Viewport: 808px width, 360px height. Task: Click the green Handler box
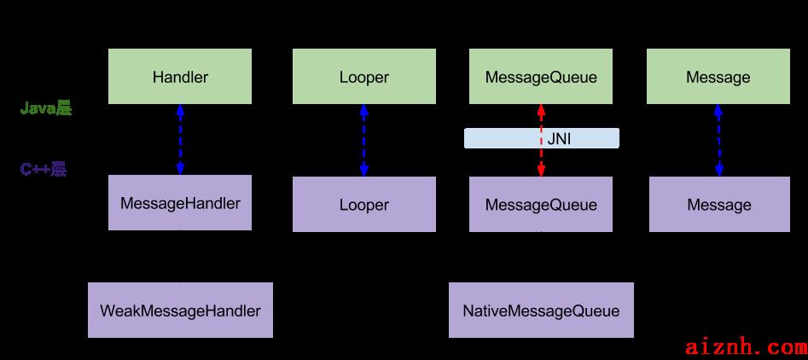pyautogui.click(x=180, y=76)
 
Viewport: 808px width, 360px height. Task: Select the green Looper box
pyautogui.click(x=364, y=76)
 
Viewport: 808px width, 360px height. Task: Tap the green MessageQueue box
pyautogui.click(x=541, y=76)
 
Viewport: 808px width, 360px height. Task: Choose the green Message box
pyautogui.click(x=718, y=76)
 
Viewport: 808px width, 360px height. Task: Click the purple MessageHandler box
pyautogui.click(x=180, y=202)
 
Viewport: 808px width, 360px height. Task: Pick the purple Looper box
pyautogui.click(x=364, y=205)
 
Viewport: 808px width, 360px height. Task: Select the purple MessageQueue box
pyautogui.click(x=541, y=205)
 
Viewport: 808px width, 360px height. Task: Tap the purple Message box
pyautogui.click(x=719, y=205)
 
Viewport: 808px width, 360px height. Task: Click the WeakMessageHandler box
pyautogui.click(x=180, y=310)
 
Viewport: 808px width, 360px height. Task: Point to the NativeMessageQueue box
pyautogui.click(x=541, y=310)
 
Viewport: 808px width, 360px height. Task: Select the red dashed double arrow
pyautogui.click(x=541, y=141)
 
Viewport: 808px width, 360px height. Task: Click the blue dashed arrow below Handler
pyautogui.click(x=180, y=140)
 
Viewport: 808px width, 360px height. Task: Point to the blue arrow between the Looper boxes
pyautogui.click(x=364, y=141)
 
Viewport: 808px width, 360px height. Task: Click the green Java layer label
pyautogui.click(x=45, y=108)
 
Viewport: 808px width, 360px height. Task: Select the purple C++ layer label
pyautogui.click(x=44, y=170)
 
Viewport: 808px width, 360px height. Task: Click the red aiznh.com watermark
pyautogui.click(x=747, y=348)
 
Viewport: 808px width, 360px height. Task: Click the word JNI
pyautogui.click(x=559, y=138)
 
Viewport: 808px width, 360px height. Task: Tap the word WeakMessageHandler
pyautogui.click(x=180, y=311)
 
